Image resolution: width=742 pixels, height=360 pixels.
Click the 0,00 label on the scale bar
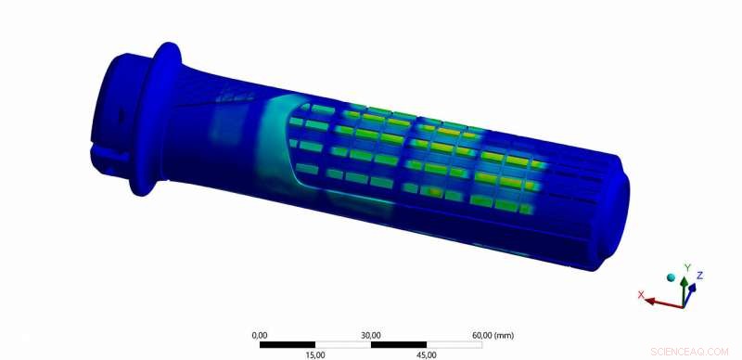tap(260, 335)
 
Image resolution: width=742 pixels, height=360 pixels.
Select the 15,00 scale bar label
tap(315, 354)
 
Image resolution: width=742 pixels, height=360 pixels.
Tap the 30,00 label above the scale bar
tap(371, 335)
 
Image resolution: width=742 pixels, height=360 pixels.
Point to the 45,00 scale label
tap(427, 354)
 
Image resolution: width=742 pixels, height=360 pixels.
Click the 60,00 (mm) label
tap(493, 335)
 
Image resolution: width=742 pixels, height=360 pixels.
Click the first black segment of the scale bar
tap(288, 344)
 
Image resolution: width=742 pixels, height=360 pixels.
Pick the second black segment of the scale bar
tap(399, 344)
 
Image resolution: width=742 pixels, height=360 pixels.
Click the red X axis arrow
tap(661, 302)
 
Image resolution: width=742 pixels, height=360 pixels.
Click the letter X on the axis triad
tap(641, 294)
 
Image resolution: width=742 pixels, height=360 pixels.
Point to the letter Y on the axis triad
tap(686, 268)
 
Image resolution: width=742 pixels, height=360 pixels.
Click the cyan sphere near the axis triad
tap(671, 277)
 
